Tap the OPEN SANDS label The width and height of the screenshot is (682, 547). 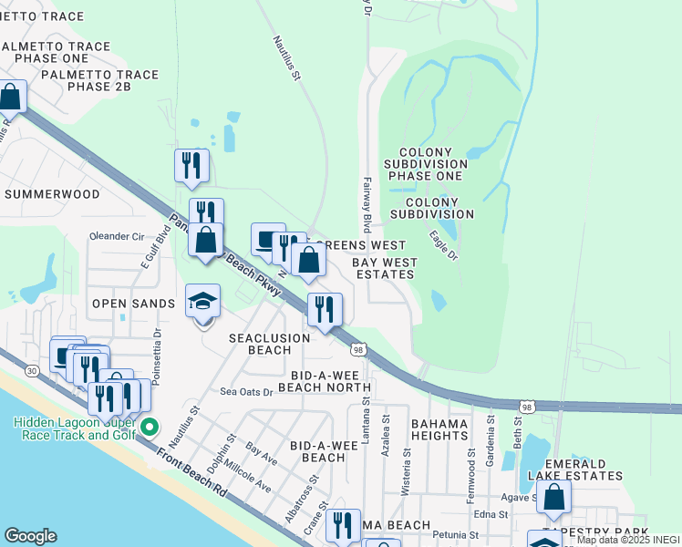click(132, 304)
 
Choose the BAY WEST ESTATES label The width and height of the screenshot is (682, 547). click(386, 268)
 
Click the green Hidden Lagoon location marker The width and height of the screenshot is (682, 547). click(151, 426)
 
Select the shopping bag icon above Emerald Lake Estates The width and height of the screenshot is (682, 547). click(553, 498)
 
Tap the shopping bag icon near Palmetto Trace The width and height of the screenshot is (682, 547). click(10, 96)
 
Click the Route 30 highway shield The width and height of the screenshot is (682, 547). click(32, 371)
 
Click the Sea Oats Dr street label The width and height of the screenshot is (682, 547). click(246, 392)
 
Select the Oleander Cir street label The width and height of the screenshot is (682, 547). click(117, 236)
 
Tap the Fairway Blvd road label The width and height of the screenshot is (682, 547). click(367, 203)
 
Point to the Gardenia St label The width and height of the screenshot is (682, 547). click(491, 442)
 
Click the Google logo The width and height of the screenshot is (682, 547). click(31, 536)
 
